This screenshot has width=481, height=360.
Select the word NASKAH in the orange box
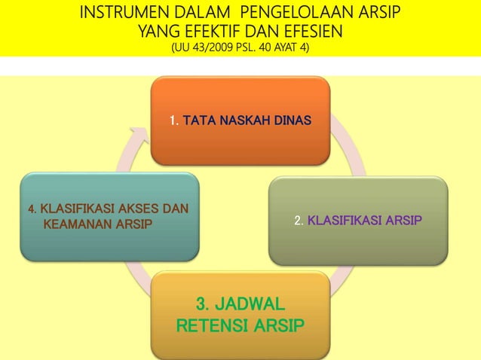[x=245, y=121]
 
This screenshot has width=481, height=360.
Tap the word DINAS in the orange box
[x=294, y=121]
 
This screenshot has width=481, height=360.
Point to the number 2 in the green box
[x=299, y=221]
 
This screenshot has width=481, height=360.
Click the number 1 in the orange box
[x=173, y=121]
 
